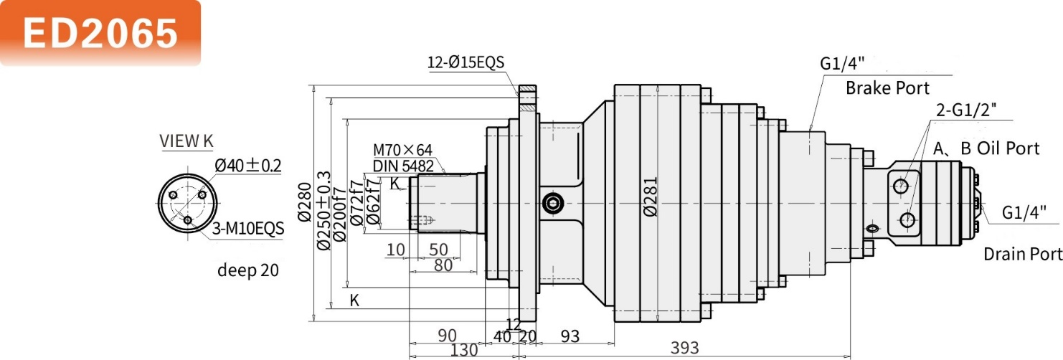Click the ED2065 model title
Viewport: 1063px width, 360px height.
(100, 32)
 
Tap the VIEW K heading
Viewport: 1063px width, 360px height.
(186, 141)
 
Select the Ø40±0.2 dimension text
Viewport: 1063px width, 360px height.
(247, 166)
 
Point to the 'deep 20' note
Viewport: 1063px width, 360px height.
(247, 270)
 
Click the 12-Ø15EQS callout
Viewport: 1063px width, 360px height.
(466, 62)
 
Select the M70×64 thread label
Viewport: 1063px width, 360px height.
(402, 150)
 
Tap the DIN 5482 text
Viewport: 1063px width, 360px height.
(402, 165)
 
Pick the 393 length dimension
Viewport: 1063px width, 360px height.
(685, 348)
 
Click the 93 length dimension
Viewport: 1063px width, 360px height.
(570, 336)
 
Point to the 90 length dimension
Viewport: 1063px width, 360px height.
(448, 336)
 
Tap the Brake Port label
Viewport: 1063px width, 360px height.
(887, 88)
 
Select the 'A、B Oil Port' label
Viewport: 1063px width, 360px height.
(986, 148)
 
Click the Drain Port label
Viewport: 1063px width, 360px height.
(1023, 254)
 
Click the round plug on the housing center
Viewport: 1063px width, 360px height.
(552, 204)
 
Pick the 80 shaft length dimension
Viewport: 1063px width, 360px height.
(443, 265)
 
